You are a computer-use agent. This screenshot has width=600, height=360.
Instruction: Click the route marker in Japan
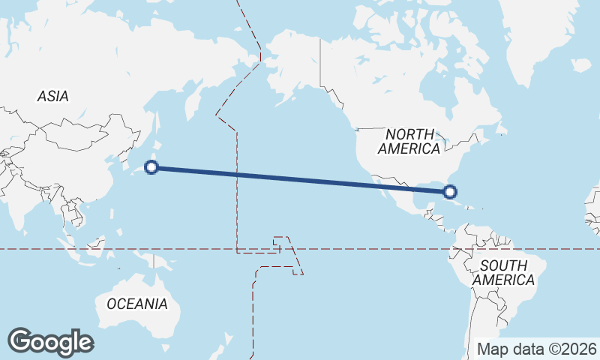point(151,167)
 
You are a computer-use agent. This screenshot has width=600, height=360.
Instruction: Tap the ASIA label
point(52,96)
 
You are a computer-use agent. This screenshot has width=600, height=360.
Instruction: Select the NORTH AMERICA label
point(409,141)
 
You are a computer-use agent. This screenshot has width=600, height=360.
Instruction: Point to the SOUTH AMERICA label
point(508,272)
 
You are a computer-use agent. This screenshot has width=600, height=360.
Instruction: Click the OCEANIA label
point(137,304)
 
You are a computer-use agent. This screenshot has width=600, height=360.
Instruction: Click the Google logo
point(50,342)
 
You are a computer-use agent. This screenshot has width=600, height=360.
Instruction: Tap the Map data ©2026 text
point(537,349)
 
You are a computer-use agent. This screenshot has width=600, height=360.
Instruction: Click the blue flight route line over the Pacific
point(300,179)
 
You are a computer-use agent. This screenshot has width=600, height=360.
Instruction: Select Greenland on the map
point(540,37)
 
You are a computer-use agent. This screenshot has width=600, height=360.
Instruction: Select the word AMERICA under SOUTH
point(504,280)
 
